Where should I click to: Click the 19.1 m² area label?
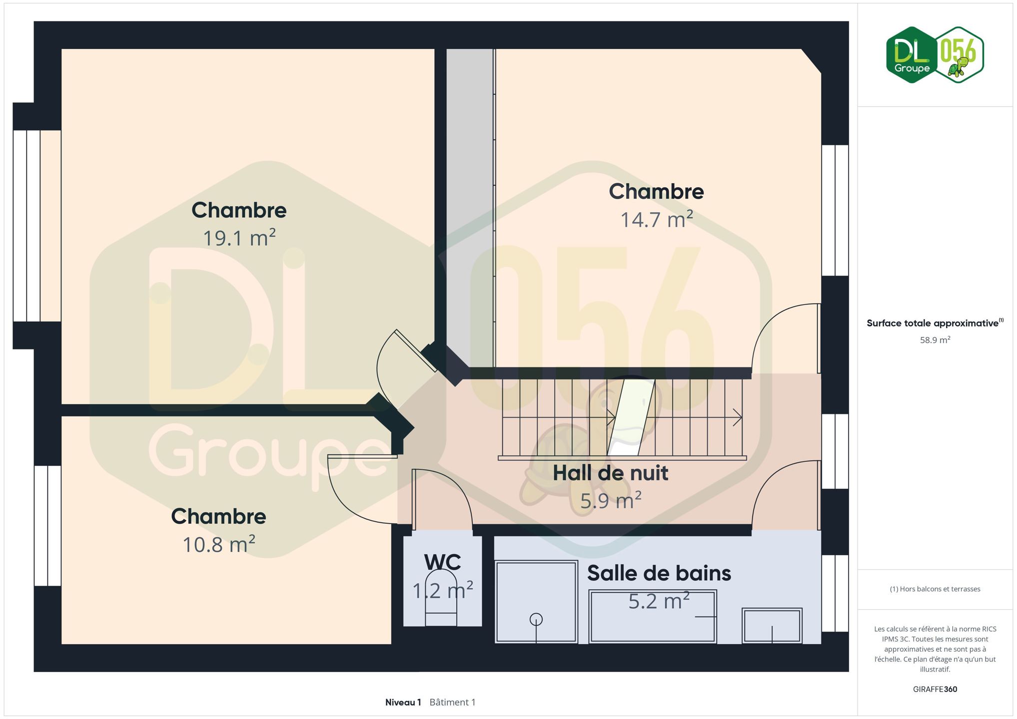[239, 238]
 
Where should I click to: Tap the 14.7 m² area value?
[656, 220]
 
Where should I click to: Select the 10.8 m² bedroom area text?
[219, 545]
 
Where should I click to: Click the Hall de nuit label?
[610, 473]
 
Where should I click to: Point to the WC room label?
[442, 563]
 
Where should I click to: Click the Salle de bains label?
[659, 573]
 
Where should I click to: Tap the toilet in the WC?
[441, 598]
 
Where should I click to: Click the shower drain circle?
[536, 620]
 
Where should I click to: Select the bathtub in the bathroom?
[653, 617]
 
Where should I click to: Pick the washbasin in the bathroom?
[772, 626]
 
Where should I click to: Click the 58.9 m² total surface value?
[935, 340]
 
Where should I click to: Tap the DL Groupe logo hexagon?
[912, 55]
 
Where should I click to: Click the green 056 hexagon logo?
[959, 55]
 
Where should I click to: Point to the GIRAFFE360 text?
[935, 689]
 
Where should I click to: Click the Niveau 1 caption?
[403, 702]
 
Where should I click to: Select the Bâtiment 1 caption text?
[452, 702]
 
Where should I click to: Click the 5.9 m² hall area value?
[611, 501]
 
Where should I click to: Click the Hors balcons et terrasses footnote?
[935, 589]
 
